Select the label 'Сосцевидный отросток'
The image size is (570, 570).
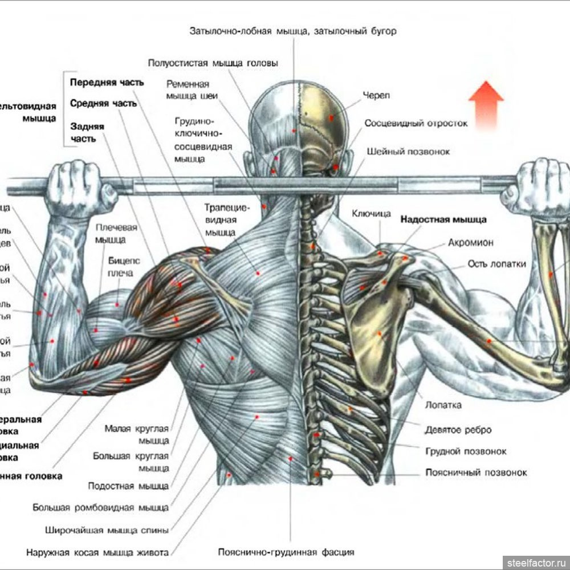coord(416,123)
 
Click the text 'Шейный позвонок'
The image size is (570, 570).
coord(409,152)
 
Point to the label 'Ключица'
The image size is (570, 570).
coord(371,214)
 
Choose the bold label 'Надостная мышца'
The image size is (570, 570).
coord(443,219)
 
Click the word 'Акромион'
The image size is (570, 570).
coord(471,242)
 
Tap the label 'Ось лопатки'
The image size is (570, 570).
coord(496,263)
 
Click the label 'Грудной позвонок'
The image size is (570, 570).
coord(466,451)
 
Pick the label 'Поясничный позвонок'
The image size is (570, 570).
coord(476,473)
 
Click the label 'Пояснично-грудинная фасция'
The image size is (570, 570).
coord(286,552)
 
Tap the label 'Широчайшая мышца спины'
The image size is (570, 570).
coord(107,530)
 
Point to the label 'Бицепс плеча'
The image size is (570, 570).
coord(121,267)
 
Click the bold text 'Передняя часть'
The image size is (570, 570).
coord(107,82)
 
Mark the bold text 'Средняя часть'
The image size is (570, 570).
coord(103,104)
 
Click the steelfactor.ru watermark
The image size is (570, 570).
coord(535,561)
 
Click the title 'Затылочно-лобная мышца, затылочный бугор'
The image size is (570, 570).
coord(292,31)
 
